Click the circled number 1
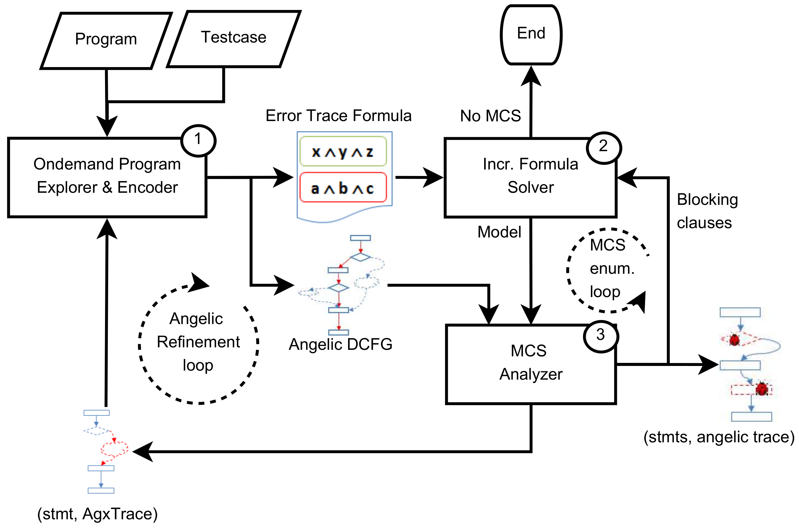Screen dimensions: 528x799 pos(198,140)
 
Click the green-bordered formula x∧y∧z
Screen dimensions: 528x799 pos(342,152)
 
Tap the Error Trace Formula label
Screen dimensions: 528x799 pos(338,116)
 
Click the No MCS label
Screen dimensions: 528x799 pos(490,116)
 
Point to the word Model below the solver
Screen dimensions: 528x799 pos(499,232)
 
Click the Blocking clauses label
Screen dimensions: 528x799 pos(707,211)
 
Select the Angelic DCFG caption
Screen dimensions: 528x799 pos(341,345)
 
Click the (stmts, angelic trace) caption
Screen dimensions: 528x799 pos(719,437)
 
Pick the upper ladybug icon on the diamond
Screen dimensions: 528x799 pos(734,340)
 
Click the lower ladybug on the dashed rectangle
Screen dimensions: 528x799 pos(762,389)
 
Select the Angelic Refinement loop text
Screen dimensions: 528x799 pos(198,342)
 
